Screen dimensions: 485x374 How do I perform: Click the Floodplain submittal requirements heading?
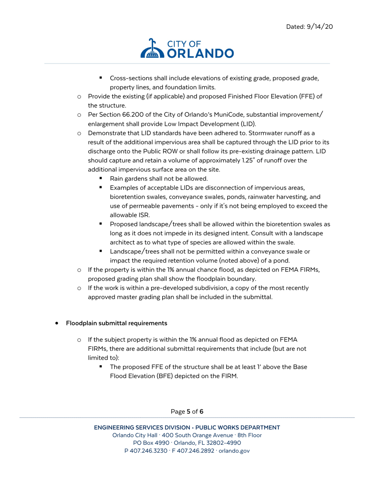click(x=117, y=323)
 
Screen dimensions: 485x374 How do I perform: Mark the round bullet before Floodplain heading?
click(x=57, y=323)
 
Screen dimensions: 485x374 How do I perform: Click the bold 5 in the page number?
click(x=189, y=412)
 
